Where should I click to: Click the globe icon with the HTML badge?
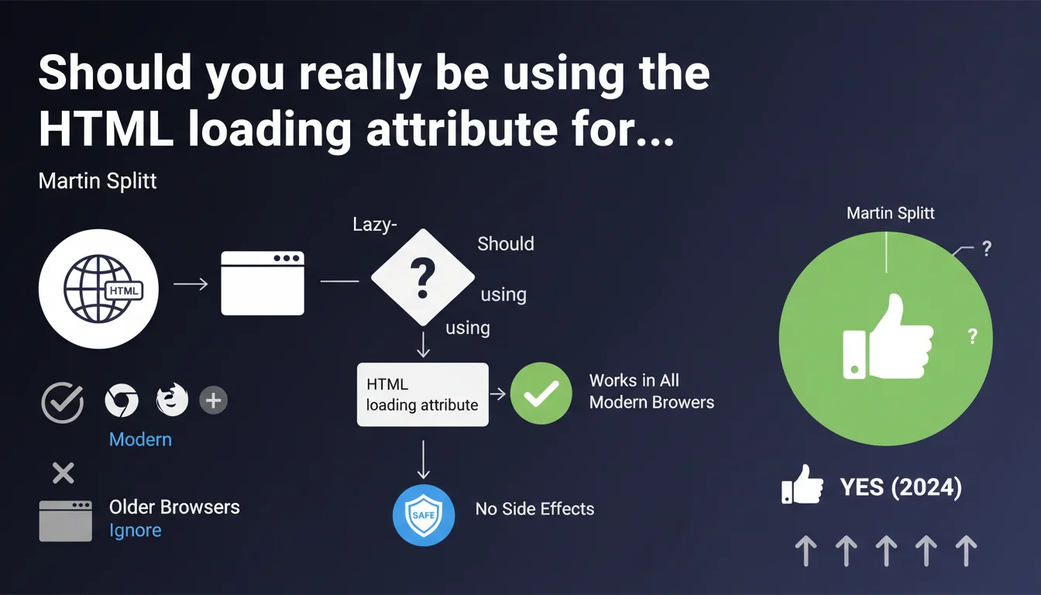[x=98, y=289]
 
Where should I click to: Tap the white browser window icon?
[x=263, y=283]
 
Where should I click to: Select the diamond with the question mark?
[x=422, y=277]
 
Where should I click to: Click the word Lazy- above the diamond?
[x=375, y=225]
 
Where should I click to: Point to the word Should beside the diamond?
[x=506, y=243]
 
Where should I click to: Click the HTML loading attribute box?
[x=422, y=394]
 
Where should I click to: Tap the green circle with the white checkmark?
[x=541, y=394]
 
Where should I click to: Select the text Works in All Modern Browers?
[x=651, y=391]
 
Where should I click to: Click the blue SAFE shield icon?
[x=424, y=515]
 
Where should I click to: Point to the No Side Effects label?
[x=534, y=509]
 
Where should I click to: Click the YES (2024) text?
[x=901, y=487]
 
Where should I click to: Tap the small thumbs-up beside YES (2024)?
[x=802, y=484]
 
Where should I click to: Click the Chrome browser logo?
[x=122, y=401]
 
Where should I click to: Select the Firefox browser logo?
[x=172, y=399]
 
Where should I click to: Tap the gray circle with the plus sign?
[x=213, y=401]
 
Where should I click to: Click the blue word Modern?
[x=140, y=440]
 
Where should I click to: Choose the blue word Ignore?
[x=136, y=531]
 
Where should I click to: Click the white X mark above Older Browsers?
[x=64, y=473]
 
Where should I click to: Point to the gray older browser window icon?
[x=66, y=521]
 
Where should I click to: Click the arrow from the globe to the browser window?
[x=191, y=284]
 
